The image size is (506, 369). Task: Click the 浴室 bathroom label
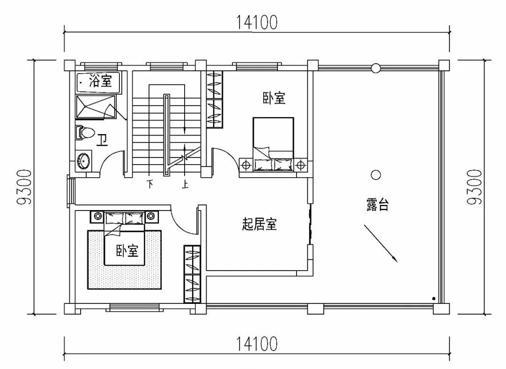100,81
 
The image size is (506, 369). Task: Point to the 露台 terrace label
377,205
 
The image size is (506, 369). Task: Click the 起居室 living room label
259,225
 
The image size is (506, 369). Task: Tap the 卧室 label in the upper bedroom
274,98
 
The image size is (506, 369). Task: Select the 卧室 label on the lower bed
127,251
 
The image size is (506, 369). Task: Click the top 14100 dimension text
256,22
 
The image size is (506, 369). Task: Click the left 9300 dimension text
24,187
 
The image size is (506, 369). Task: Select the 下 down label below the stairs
150,184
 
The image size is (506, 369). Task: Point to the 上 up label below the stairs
186,184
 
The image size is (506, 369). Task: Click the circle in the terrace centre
375,175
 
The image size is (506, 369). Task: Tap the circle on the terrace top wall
375,68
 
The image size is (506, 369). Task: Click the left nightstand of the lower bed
97,216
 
